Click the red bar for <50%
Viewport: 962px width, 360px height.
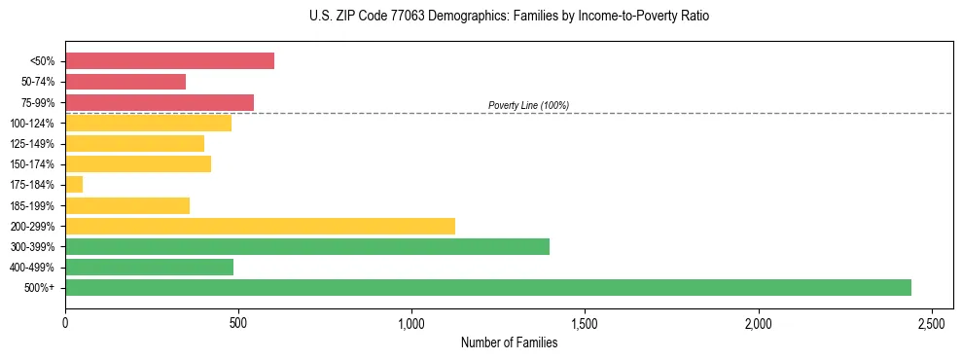(169, 61)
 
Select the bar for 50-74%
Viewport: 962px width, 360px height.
(125, 82)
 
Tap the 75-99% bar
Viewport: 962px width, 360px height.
(160, 102)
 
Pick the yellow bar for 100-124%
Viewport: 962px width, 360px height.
(148, 123)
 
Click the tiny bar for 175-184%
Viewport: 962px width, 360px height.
(74, 184)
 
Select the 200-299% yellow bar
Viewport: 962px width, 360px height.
(260, 226)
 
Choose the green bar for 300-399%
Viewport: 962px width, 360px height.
(307, 246)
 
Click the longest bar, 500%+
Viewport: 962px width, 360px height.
(488, 287)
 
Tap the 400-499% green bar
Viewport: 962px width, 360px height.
(149, 267)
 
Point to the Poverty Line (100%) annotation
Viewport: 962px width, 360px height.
(528, 105)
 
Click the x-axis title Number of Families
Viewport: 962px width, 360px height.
(509, 342)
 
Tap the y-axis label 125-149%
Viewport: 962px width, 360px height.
(32, 144)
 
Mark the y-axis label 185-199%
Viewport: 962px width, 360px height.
(32, 205)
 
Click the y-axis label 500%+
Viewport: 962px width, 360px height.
(39, 288)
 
